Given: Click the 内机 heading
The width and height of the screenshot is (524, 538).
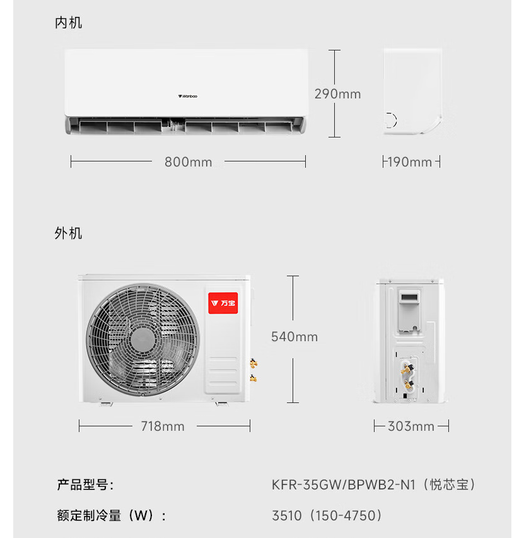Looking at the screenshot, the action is click(x=68, y=23).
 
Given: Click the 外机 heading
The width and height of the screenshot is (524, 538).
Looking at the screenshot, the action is click(x=68, y=233).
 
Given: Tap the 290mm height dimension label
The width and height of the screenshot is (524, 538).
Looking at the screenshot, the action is click(x=337, y=94).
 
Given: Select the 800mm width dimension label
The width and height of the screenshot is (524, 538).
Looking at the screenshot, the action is click(x=189, y=162).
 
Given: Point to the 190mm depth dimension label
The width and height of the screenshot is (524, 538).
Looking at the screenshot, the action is click(x=410, y=162).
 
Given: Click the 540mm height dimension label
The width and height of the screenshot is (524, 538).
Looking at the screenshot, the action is click(x=294, y=337).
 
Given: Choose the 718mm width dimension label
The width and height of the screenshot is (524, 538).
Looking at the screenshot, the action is click(x=163, y=426).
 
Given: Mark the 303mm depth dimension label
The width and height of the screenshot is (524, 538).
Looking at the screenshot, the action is click(x=411, y=426).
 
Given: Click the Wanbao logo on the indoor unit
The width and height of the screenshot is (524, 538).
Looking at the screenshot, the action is click(x=187, y=96).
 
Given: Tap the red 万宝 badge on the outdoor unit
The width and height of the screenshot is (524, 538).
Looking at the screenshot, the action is click(x=223, y=303).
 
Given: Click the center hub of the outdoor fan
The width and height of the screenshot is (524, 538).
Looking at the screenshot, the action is click(x=143, y=339).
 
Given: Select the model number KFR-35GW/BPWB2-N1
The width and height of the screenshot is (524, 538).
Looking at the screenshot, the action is click(x=344, y=485).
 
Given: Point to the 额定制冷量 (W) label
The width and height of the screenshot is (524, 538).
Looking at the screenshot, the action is click(x=112, y=515).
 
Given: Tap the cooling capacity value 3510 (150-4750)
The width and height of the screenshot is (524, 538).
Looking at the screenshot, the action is click(x=327, y=515).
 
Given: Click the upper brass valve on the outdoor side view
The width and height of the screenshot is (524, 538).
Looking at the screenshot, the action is click(x=407, y=368).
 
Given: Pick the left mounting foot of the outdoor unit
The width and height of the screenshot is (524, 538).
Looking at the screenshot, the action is click(x=105, y=404).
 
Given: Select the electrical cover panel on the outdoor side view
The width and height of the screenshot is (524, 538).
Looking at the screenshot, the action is click(x=409, y=311).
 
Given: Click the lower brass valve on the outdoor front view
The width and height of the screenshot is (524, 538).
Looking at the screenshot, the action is click(x=253, y=378).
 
